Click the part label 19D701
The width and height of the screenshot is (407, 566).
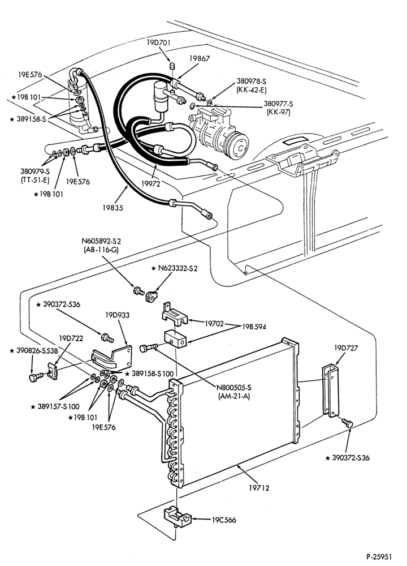coord(158,42)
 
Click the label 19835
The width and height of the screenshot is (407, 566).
coord(112,208)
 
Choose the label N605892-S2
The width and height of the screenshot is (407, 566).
coord(101,241)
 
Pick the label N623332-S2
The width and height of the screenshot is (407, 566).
coord(174,268)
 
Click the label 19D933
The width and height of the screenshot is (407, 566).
coord(118,315)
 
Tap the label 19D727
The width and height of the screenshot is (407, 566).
coord(346,348)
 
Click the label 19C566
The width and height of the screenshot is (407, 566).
coord(224,520)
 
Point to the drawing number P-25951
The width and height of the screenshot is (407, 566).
coord(379,557)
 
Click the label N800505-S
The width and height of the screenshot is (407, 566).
coord(234,388)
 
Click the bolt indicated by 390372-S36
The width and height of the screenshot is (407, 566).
coord(348,423)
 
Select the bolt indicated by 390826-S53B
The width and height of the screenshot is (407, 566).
coord(34,377)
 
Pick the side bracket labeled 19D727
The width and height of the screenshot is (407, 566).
coord(331,391)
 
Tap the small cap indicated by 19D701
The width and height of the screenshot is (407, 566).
coord(172,66)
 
